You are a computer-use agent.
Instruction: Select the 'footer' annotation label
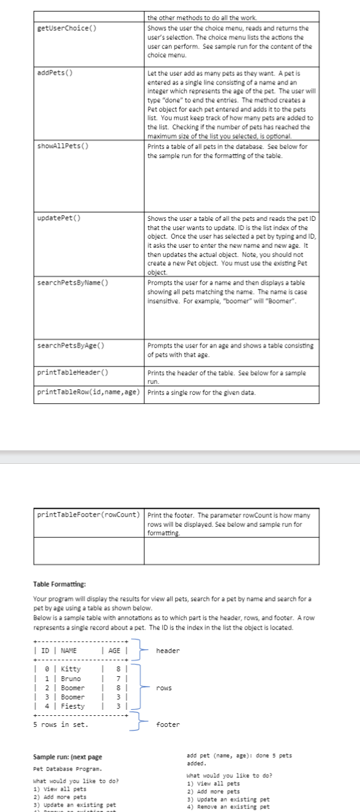168,724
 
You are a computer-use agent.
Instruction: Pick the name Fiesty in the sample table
72,706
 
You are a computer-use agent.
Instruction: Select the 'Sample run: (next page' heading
67,757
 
